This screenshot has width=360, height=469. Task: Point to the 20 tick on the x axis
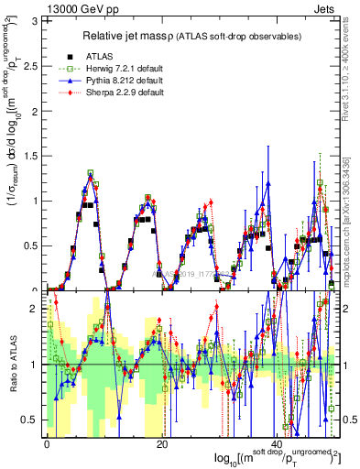[162, 443]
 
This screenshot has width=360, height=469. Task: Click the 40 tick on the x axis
[278, 443]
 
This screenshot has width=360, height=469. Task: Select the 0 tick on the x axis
[47, 443]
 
